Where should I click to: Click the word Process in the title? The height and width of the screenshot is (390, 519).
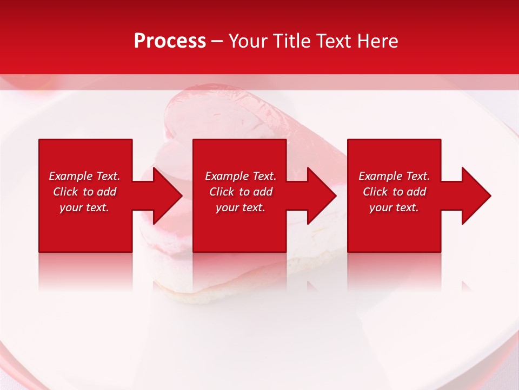pos(170,41)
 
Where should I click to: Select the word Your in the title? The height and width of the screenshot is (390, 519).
pos(248,41)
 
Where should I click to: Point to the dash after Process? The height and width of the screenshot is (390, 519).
pos(217,41)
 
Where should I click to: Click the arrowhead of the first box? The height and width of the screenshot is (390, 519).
pos(168,196)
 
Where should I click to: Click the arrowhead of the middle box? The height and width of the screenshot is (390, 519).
pos(322,196)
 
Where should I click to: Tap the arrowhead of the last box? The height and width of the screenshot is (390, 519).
pos(476,196)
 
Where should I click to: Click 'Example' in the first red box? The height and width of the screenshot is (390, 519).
pos(70,176)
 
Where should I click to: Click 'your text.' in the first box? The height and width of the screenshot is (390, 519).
pos(84,207)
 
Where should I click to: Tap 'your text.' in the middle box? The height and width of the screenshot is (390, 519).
pos(241,207)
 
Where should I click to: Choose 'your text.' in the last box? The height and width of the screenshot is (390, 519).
pos(394,207)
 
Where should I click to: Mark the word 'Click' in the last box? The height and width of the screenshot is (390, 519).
pos(376,192)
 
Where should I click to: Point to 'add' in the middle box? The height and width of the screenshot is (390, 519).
pos(263,192)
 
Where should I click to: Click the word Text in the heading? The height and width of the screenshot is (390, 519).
pos(333,41)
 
